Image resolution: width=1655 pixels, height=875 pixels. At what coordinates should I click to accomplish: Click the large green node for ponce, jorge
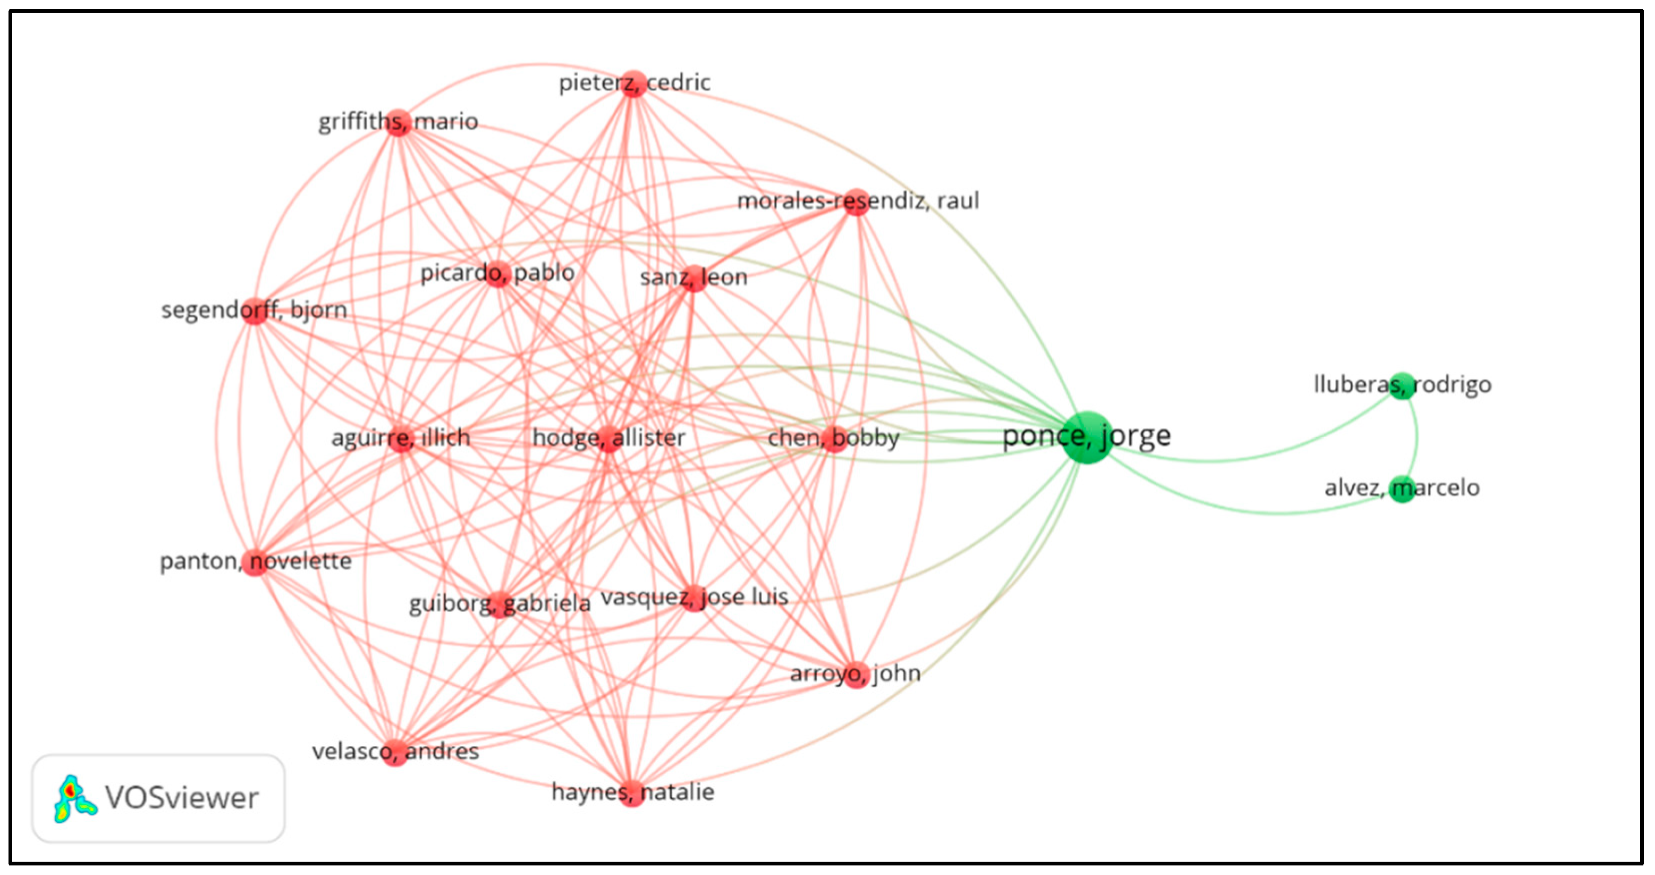tap(1087, 437)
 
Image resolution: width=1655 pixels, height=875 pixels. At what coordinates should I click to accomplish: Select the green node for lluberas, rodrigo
tap(1402, 386)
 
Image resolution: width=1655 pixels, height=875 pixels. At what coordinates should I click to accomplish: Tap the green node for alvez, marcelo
tap(1402, 489)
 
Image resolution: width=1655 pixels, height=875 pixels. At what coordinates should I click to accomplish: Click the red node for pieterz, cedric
tap(634, 83)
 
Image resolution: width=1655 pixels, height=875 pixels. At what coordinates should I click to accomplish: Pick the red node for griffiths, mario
tap(398, 122)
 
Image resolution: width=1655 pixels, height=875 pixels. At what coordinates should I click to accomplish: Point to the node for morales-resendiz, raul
tap(856, 201)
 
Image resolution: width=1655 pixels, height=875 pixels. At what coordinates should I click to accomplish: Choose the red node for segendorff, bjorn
tap(255, 311)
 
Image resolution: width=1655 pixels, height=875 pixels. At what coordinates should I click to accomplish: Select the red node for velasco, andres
tap(394, 752)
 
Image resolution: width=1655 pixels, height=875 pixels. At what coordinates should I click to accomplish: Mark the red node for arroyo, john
tap(856, 675)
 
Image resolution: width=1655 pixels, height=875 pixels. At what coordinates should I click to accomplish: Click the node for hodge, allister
tap(608, 439)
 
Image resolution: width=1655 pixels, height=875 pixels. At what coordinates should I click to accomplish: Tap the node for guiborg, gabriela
tap(500, 604)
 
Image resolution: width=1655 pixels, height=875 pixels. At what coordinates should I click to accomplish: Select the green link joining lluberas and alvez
tap(1417, 437)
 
